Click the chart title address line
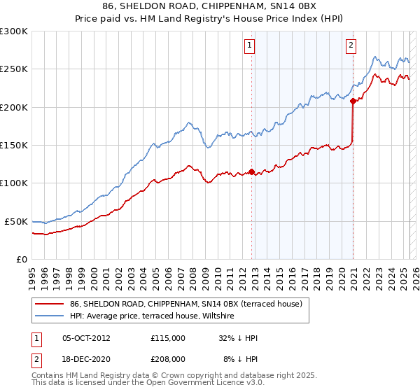(x=209, y=7)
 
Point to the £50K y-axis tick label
(x=16, y=221)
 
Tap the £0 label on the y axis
(x=22, y=259)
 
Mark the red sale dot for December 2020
(x=353, y=101)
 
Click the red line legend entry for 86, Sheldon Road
(x=185, y=304)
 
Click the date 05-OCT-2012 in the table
(x=86, y=338)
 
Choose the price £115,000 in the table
(x=168, y=338)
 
